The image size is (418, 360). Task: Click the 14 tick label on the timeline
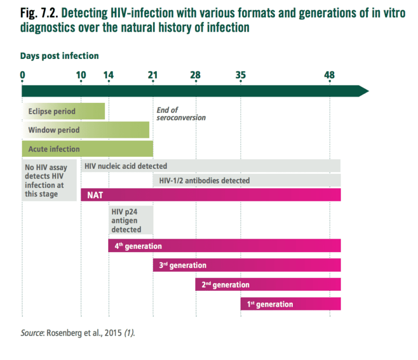(108, 75)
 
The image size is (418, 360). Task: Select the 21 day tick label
(152, 75)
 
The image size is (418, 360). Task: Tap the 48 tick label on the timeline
(329, 75)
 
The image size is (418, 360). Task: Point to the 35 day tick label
(241, 75)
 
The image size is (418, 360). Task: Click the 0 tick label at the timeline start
(22, 75)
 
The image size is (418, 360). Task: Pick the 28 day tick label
(196, 75)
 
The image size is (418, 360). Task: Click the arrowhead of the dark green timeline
(362, 91)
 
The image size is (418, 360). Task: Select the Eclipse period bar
(63, 112)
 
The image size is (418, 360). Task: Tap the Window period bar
(85, 130)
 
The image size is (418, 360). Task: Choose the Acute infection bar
(87, 149)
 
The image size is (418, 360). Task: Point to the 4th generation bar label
(138, 246)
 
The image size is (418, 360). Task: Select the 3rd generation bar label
(183, 265)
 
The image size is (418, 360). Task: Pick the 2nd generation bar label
(226, 284)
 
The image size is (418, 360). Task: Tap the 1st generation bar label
(270, 304)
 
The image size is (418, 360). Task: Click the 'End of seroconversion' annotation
(181, 114)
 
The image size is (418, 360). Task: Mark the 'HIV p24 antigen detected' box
(130, 220)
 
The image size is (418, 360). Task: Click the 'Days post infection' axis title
(59, 56)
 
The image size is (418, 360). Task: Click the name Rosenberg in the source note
(65, 333)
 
